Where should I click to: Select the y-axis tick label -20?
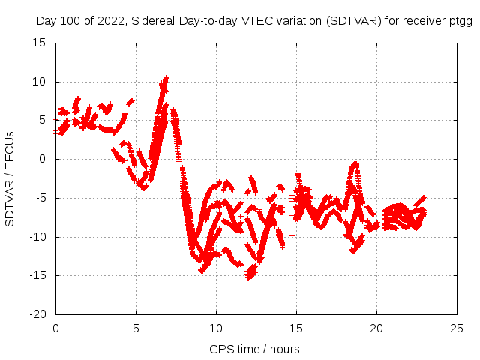coord(38,314)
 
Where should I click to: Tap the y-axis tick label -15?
coord(38,275)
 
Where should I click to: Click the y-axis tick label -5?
coord(41,198)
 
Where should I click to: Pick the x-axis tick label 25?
coord(457,328)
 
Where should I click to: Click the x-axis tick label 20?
coord(376,328)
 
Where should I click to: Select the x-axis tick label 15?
coord(296,328)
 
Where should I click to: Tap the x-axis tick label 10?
coord(216,328)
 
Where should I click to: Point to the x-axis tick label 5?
coord(136,328)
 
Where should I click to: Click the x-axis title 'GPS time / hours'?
coord(255,349)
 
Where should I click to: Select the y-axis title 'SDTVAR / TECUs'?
coord(10,178)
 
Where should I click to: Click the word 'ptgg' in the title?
coord(460,21)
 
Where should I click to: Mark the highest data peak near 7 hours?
coord(165,78)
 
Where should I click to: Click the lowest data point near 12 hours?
coord(249,277)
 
